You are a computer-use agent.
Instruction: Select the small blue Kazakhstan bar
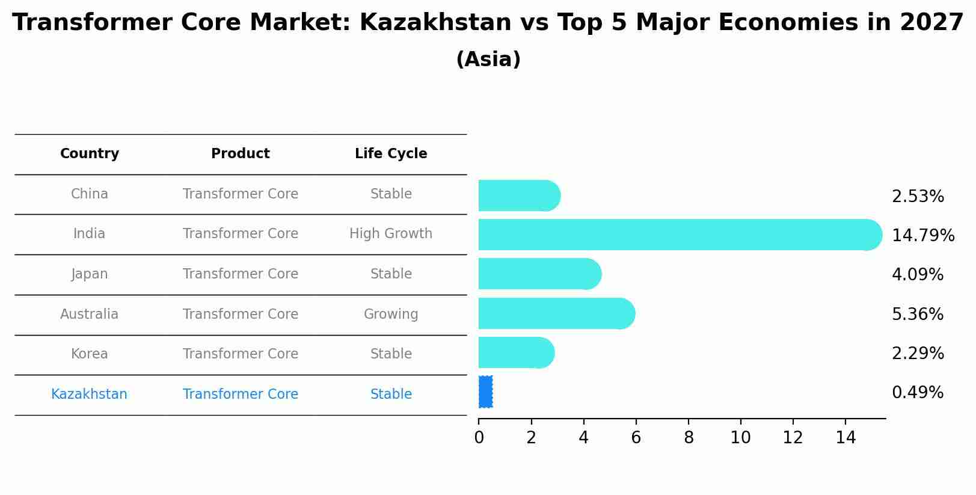click(x=486, y=392)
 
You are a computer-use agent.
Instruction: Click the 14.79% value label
click(x=922, y=235)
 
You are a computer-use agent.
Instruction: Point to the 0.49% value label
click(x=917, y=393)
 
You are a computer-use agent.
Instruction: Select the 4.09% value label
click(x=917, y=275)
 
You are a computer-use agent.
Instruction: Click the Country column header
click(x=90, y=154)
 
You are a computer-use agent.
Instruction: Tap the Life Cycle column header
click(x=391, y=154)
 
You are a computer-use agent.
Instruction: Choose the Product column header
click(x=241, y=154)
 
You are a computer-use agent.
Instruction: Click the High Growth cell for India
click(x=391, y=234)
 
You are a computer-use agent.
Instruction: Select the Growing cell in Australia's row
click(x=391, y=314)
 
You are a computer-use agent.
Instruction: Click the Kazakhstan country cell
click(x=90, y=395)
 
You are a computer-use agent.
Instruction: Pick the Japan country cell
click(x=90, y=274)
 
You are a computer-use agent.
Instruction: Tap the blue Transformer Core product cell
click(x=241, y=395)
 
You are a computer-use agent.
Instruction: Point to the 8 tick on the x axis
click(x=689, y=438)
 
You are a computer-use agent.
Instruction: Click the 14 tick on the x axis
click(x=846, y=438)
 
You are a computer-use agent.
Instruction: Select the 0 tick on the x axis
click(x=479, y=438)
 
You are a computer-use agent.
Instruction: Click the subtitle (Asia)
click(x=488, y=60)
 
